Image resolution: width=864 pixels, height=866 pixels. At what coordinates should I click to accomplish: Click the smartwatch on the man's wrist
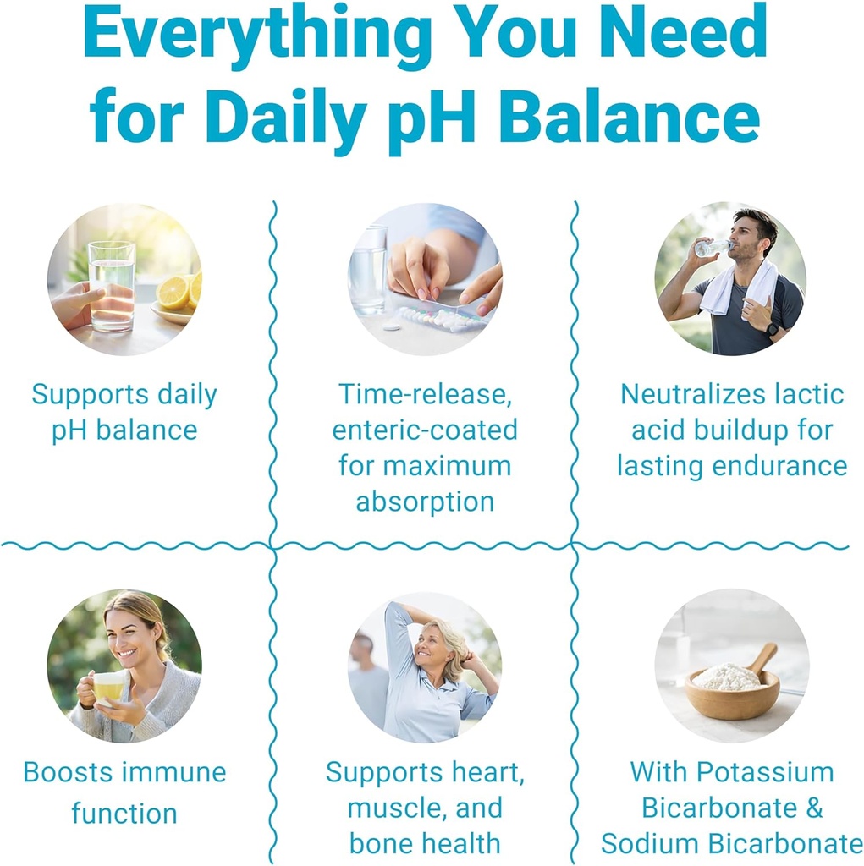pyautogui.click(x=771, y=329)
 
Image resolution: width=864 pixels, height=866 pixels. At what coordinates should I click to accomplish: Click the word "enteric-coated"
pyautogui.click(x=424, y=430)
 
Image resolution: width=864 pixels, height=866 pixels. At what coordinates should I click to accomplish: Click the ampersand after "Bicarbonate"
pyautogui.click(x=813, y=807)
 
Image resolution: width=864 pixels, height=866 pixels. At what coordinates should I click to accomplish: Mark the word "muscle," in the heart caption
pyautogui.click(x=397, y=808)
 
